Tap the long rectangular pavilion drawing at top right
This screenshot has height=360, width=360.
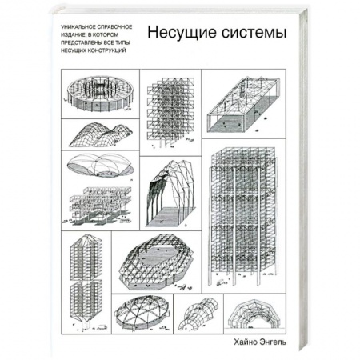[x=244, y=101]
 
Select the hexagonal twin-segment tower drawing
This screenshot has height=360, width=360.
[x=86, y=272]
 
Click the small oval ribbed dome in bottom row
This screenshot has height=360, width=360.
[x=142, y=315]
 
